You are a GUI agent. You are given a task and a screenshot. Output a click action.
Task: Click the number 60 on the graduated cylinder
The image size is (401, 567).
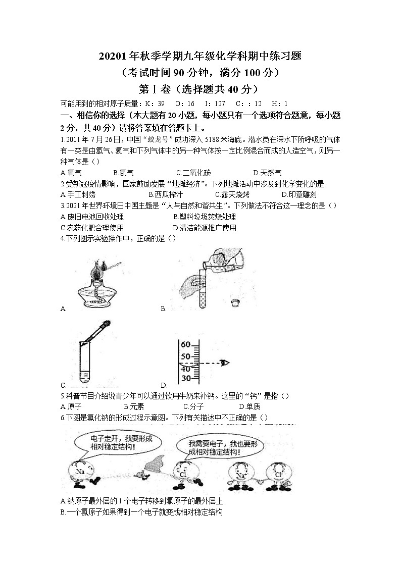(185, 345)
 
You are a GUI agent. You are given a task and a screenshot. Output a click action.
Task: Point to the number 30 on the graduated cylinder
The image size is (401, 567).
(185, 378)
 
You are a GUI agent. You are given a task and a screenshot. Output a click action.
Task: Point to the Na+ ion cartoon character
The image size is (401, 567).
(241, 475)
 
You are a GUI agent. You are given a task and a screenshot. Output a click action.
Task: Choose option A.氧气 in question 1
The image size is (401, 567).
(71, 173)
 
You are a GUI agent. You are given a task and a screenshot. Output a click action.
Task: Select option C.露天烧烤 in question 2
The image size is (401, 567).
(232, 194)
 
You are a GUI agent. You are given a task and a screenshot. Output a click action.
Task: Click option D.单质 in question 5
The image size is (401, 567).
(249, 406)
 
